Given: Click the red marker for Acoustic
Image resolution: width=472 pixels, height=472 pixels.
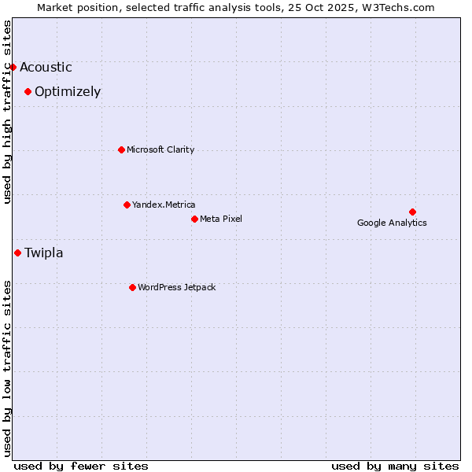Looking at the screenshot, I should pos(13,67).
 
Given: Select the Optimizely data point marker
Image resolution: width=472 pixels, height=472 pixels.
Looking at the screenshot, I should pos(28,91).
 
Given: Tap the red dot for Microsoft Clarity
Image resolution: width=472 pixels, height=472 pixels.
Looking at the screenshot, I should pos(121,149).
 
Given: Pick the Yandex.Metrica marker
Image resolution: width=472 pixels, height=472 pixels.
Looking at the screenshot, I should pos(127,205).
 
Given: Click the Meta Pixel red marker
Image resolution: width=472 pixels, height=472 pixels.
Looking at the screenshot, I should pos(194,219).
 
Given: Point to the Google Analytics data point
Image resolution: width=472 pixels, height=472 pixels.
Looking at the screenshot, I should pos(412,212).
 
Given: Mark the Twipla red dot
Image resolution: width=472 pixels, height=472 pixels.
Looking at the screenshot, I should pos(17,253).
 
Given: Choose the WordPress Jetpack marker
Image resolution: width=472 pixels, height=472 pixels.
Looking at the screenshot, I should pos(132,287).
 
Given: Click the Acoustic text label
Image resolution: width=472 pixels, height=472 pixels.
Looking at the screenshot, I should pos(46,68).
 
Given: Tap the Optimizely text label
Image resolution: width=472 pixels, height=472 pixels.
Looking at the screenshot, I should pos(68,92).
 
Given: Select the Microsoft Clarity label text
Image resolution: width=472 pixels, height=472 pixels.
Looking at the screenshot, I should pos(160,150).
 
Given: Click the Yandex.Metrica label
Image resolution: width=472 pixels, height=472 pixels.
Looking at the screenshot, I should pos(164,205).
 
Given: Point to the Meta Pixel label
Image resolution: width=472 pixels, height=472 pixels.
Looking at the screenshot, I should pos(221,219).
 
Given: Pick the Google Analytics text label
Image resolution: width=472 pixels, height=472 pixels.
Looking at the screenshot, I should pos(392,223).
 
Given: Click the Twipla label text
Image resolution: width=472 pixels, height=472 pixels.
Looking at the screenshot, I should pos(44,253).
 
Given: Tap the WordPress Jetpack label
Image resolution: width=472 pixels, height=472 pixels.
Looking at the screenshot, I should pos(176,288).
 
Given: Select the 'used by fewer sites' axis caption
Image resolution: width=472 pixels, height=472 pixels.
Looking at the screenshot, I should pos(81,466).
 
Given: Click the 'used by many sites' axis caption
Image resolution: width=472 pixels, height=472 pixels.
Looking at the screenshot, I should pos(395,466).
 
